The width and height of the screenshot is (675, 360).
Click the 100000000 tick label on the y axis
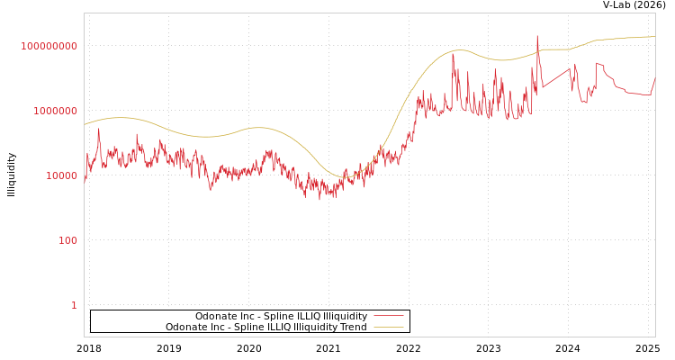click(x=49, y=46)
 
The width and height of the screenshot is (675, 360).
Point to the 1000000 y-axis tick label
click(x=49, y=111)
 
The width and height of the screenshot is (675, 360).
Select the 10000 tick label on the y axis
click(x=61, y=175)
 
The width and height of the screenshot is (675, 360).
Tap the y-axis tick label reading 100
click(x=68, y=240)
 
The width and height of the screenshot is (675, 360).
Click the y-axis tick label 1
click(x=74, y=305)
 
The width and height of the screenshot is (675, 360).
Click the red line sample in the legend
click(x=388, y=316)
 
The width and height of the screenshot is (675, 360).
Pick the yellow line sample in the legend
click(x=388, y=327)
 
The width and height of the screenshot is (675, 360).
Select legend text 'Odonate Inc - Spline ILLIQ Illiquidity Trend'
click(x=265, y=327)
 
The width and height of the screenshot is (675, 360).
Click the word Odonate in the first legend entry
click(x=215, y=316)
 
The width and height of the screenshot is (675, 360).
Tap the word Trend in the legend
click(x=353, y=327)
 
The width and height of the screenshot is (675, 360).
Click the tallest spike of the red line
click(x=537, y=36)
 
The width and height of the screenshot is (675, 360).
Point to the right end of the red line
click(x=654, y=77)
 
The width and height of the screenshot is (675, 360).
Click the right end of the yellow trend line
click(x=654, y=37)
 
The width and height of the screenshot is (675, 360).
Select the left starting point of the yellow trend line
click(x=85, y=124)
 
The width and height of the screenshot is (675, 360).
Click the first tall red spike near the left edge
click(x=99, y=130)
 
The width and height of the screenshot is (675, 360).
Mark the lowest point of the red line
click(x=319, y=199)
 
